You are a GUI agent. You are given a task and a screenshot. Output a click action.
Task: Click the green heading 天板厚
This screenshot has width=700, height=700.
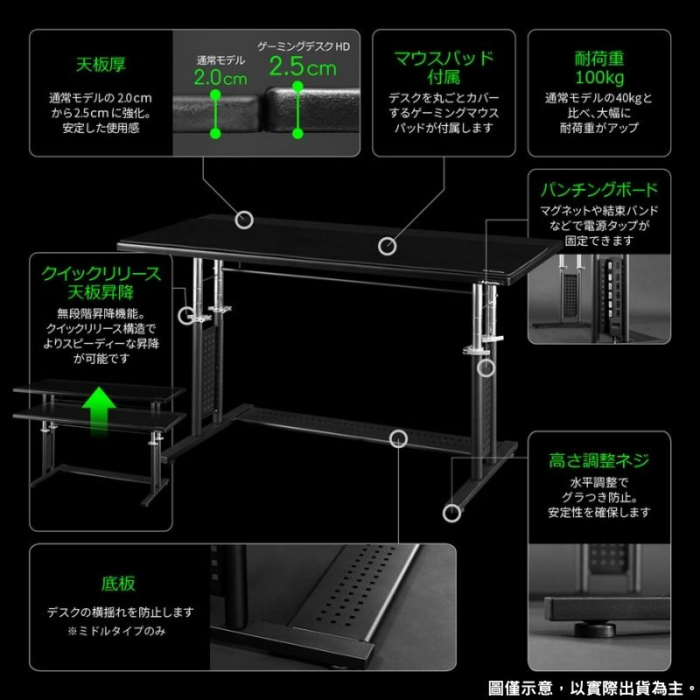101,65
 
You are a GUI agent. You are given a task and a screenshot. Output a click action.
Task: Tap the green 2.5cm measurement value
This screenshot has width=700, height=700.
303,67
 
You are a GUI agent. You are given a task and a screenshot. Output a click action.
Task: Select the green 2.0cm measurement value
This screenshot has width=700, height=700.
220,78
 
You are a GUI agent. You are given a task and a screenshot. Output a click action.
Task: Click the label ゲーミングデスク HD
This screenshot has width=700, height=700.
304,46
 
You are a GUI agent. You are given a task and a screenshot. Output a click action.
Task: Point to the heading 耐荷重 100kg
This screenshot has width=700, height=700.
599,68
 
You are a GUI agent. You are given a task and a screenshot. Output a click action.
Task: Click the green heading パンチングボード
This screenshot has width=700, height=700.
599,190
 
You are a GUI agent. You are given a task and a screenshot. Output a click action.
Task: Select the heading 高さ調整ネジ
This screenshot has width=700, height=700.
598,460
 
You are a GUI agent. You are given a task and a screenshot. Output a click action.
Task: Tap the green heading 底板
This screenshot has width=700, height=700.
118,584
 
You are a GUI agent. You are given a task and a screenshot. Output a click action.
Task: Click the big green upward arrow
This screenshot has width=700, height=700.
99,409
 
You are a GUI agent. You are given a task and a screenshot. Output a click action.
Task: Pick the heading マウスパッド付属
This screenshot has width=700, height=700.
444,68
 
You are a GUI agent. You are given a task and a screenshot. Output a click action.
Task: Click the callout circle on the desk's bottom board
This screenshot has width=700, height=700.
398,439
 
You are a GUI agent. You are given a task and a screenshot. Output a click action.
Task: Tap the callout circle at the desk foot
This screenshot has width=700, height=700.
451,514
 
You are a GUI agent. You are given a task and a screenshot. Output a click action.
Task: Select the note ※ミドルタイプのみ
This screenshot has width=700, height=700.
116,631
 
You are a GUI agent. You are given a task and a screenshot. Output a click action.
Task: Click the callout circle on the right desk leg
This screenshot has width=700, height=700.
486,367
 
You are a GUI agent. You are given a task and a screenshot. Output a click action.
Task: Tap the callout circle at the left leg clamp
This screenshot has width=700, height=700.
186,316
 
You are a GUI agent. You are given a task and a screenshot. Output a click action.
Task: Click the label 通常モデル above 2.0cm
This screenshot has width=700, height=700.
221,60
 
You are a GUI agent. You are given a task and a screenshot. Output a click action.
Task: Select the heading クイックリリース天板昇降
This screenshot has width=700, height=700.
101,283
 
